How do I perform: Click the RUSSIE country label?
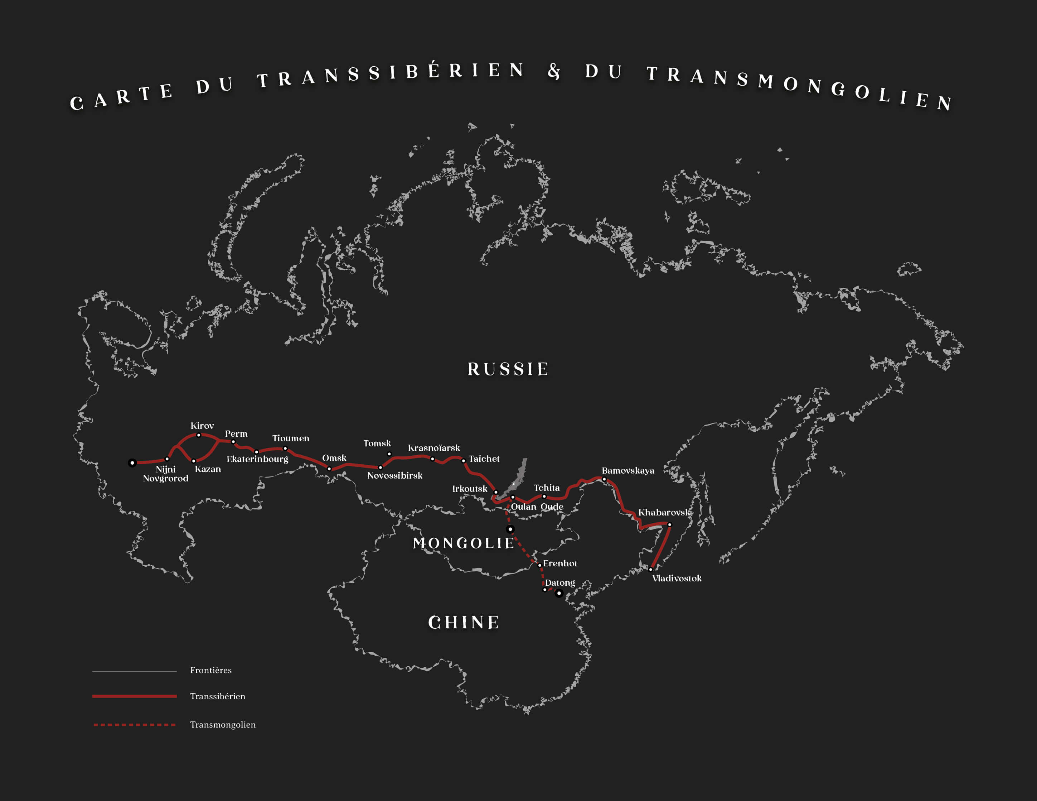coord(508,369)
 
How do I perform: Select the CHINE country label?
coord(464,622)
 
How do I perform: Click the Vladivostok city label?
coord(677,578)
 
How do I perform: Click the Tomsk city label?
coord(377,443)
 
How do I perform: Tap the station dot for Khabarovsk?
coord(669,524)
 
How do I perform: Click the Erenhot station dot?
coord(539,565)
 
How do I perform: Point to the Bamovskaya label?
coord(628,471)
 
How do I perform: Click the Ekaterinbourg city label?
coord(257,459)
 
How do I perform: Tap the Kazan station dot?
coord(194,461)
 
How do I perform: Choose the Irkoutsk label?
coord(470,489)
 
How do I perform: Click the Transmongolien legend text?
coord(223,724)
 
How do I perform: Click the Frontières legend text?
coord(211,670)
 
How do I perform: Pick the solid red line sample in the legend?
coord(134,696)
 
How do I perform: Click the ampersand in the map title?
coord(554,71)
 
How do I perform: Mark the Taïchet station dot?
coord(464,461)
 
